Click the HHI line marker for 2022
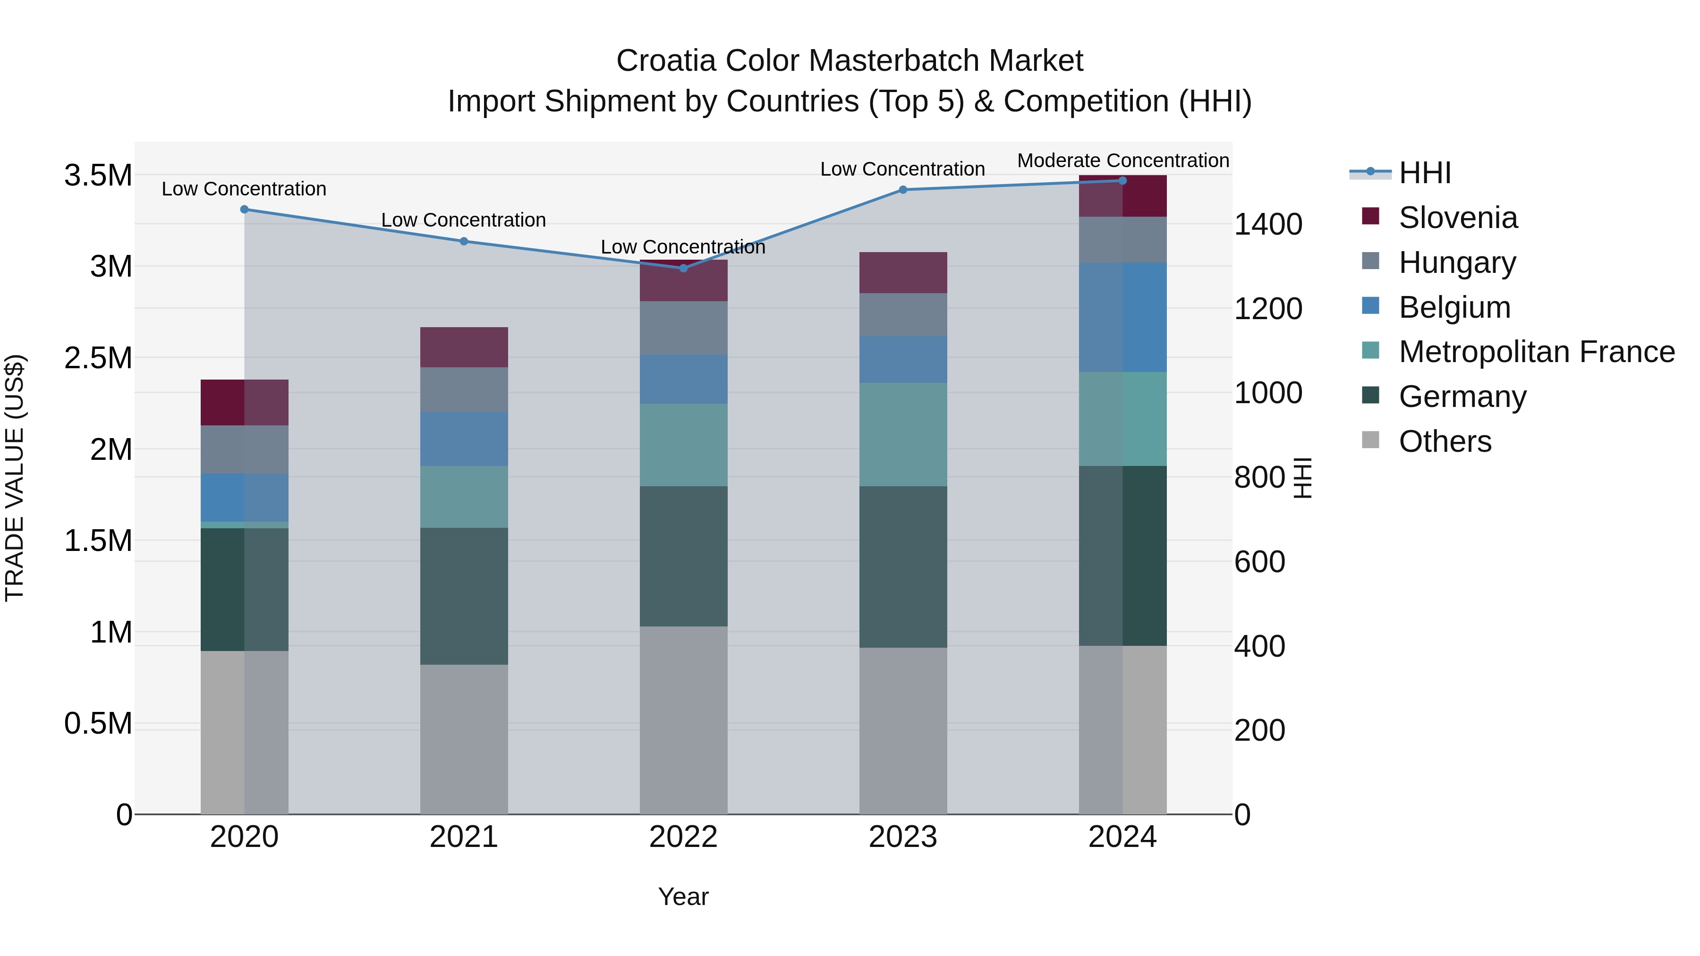(x=683, y=268)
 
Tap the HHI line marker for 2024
(x=1122, y=181)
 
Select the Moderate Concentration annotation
(x=1122, y=161)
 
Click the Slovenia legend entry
(x=1458, y=218)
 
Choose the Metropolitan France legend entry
(x=1536, y=352)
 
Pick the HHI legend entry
(x=1424, y=173)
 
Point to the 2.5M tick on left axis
(x=98, y=358)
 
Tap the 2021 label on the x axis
(x=463, y=837)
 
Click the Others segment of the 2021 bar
(x=463, y=739)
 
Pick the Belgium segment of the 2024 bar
(x=1122, y=317)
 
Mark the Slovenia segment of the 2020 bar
(x=244, y=402)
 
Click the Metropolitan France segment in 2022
(x=683, y=445)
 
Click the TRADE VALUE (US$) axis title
(x=15, y=478)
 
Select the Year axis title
(x=683, y=897)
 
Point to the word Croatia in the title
(x=665, y=61)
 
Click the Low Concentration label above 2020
(x=244, y=189)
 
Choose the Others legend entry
(x=1445, y=441)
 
